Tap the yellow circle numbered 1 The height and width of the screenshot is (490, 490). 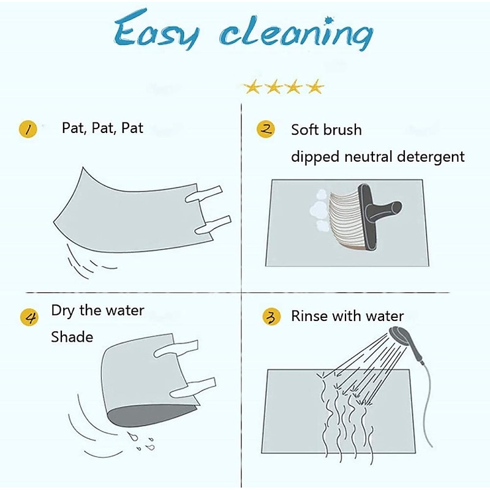tap(28, 129)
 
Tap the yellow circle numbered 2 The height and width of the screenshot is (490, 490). tap(266, 129)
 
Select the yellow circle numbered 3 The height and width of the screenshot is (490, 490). tap(271, 316)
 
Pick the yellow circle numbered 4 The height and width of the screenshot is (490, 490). tap(29, 317)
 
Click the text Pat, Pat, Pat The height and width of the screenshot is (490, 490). tap(102, 128)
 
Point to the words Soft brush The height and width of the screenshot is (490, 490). tap(326, 129)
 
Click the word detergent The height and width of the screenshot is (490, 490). tap(431, 157)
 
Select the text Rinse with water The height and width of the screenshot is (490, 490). tap(347, 316)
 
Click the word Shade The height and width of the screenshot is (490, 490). tap(72, 337)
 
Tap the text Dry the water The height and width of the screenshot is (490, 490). tap(97, 311)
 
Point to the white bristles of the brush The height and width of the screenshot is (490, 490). tap(345, 219)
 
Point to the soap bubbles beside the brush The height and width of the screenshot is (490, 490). tap(318, 209)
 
